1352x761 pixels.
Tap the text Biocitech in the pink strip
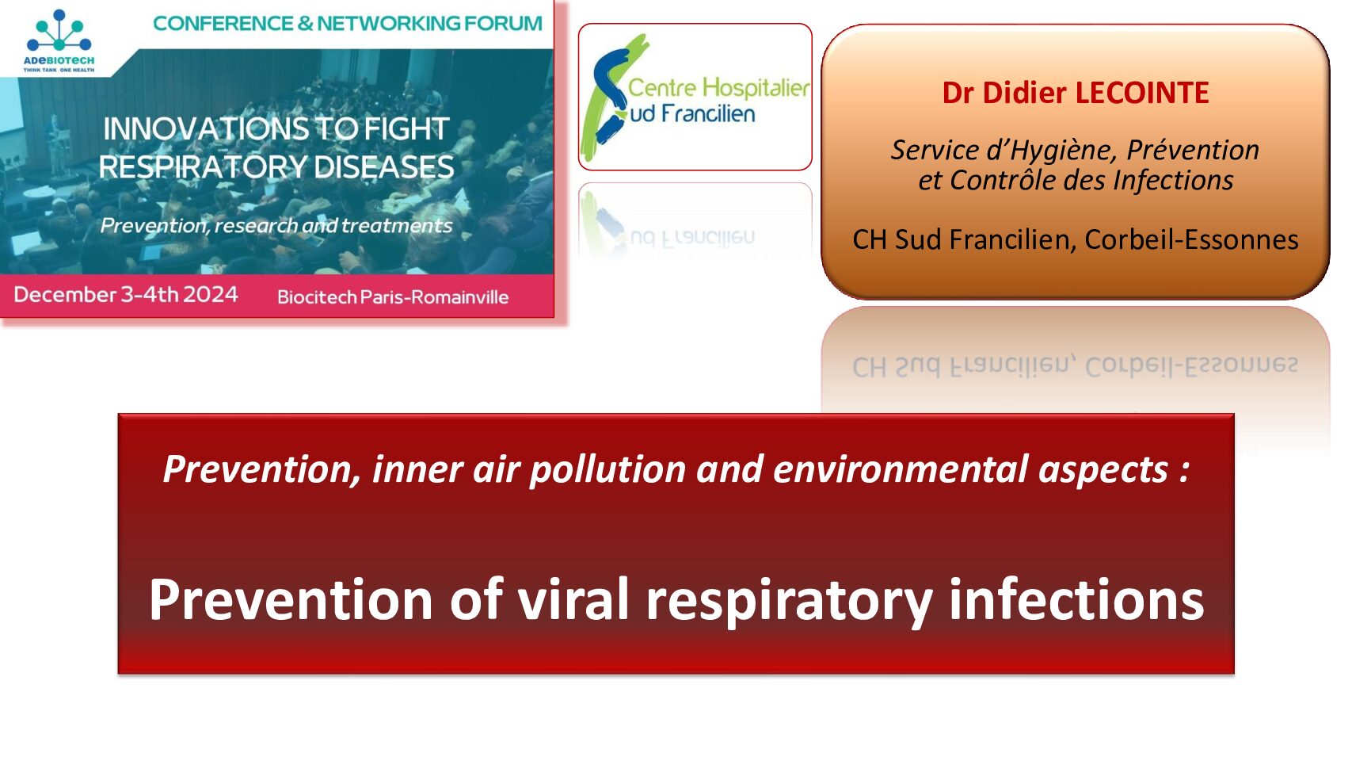tap(316, 297)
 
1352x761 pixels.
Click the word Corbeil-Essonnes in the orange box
tap(1191, 239)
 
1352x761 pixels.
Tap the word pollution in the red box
tap(607, 470)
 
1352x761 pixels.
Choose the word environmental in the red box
tap(900, 469)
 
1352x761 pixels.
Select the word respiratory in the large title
tap(790, 602)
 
